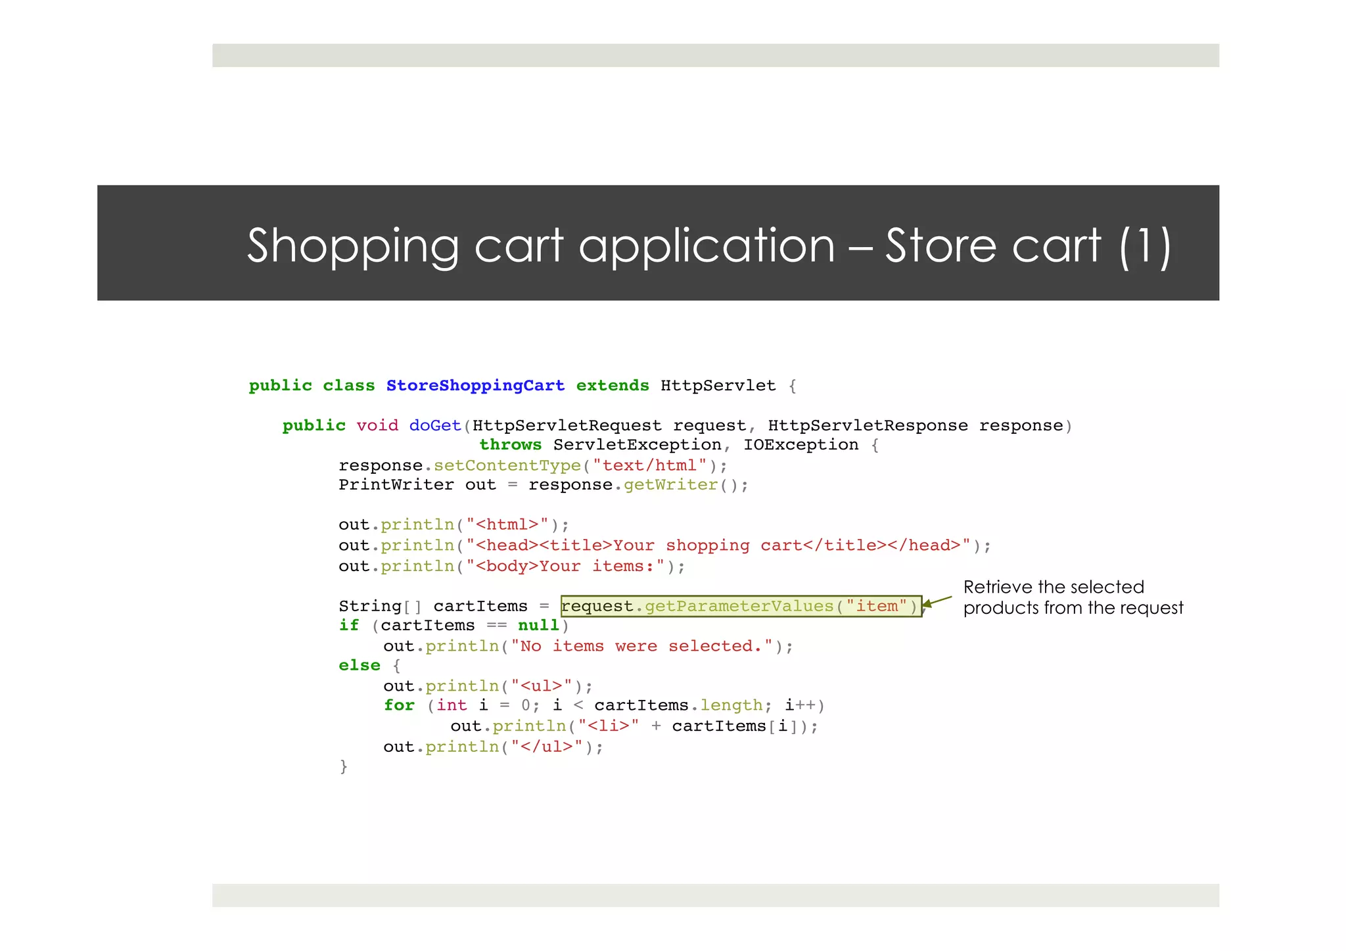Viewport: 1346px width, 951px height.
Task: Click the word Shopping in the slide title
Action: (352, 246)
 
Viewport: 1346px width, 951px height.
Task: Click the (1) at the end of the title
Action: (1145, 246)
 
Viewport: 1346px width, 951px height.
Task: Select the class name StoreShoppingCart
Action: (475, 386)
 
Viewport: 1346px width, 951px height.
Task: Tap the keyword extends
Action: (612, 386)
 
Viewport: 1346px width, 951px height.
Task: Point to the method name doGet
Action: (435, 426)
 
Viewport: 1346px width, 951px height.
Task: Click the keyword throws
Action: (510, 445)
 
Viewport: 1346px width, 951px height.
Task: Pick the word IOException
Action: (801, 445)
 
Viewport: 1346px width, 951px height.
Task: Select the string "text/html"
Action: (649, 466)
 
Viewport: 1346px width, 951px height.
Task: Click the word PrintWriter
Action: (396, 485)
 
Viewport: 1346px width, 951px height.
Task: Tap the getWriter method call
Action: (670, 485)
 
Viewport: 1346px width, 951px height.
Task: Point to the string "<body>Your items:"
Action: (565, 567)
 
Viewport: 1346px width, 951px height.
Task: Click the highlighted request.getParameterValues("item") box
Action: (741, 606)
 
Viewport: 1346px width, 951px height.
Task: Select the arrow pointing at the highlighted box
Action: (938, 601)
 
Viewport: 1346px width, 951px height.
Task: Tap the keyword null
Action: (538, 626)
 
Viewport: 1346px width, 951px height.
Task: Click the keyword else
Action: (360, 666)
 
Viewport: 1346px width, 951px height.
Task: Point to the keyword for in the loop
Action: (399, 706)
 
